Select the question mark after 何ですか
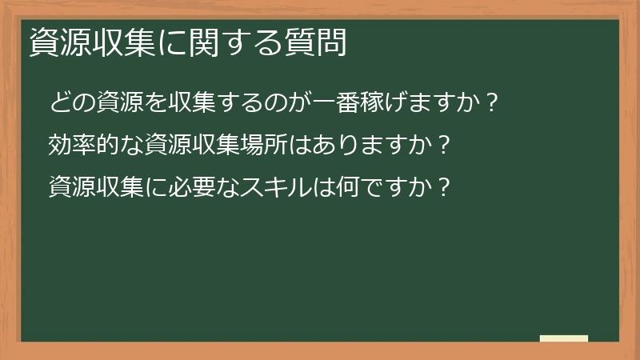(x=446, y=187)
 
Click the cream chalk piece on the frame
(x=563, y=338)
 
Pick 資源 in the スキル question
(x=71, y=187)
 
